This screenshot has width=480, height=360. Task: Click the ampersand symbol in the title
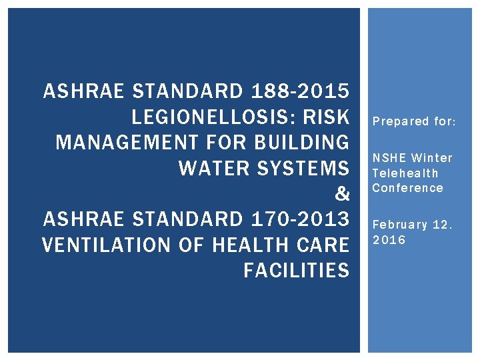click(342, 194)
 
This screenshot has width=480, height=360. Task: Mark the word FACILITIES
click(296, 270)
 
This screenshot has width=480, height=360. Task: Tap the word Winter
click(432, 158)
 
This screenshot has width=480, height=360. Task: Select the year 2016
click(389, 239)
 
